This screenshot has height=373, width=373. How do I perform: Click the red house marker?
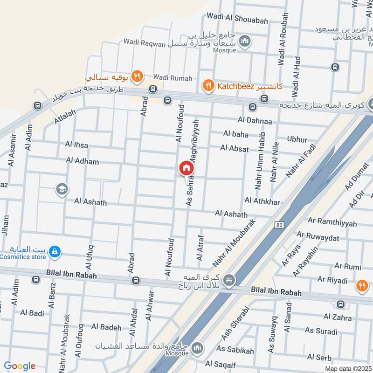(x=186, y=168)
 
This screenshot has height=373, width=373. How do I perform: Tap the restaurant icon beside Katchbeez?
(x=207, y=85)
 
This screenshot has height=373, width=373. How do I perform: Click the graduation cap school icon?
(x=61, y=189)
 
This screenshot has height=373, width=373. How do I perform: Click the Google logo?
(x=20, y=366)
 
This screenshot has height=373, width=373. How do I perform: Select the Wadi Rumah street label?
(x=173, y=78)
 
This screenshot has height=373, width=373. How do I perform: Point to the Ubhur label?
(x=297, y=139)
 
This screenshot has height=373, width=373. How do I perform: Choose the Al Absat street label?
(x=235, y=149)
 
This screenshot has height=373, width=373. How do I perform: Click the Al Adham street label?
(x=83, y=161)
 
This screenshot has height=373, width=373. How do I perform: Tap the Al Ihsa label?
(x=77, y=145)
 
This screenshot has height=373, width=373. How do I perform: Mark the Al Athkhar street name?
(x=262, y=201)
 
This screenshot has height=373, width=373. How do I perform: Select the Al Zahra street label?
(x=338, y=317)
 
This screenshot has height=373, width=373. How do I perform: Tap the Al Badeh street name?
(x=106, y=327)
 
